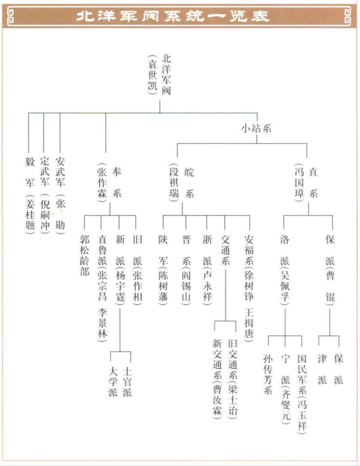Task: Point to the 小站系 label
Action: pyautogui.click(x=255, y=129)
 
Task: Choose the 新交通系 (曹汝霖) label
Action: pyautogui.click(x=217, y=378)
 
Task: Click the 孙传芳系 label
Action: pyautogui.click(x=268, y=373)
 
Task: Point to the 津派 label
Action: pyautogui.click(x=322, y=369)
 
